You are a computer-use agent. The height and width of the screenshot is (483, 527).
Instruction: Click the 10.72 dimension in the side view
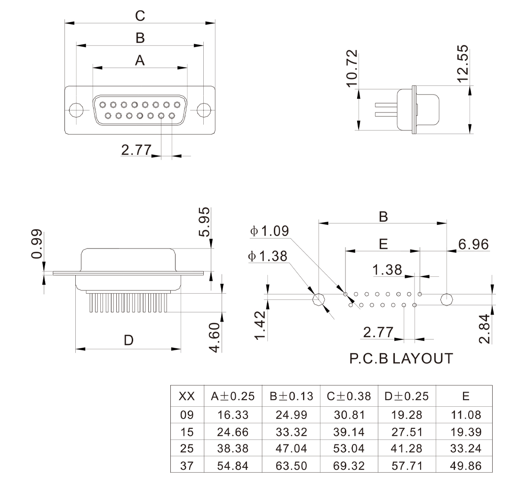click(352, 68)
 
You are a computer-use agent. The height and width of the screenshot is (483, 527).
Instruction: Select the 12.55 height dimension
click(463, 63)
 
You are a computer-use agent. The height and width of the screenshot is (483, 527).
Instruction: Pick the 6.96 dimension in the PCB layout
click(473, 244)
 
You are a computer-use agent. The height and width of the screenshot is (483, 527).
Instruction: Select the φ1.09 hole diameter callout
click(270, 231)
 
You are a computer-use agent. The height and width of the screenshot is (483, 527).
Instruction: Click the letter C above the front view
click(140, 16)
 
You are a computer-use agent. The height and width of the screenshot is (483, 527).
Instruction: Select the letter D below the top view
click(128, 340)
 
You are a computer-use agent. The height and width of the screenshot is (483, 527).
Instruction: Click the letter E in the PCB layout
click(383, 244)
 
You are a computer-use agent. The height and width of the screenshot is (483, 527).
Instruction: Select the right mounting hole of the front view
click(203, 110)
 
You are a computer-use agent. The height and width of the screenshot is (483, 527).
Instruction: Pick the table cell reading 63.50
click(291, 466)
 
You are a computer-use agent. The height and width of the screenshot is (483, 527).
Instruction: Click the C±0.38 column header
click(349, 396)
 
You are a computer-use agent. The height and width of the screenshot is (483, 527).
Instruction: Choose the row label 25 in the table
click(187, 449)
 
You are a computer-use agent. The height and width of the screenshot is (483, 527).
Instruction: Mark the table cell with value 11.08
click(465, 415)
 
